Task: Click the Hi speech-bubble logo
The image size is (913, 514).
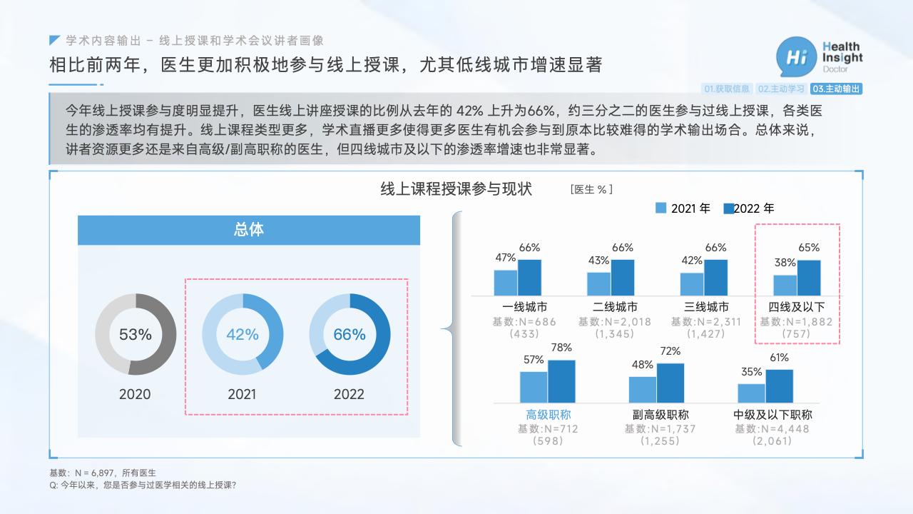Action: pyautogui.click(x=796, y=57)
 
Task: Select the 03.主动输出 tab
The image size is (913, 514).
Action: pyautogui.click(x=836, y=89)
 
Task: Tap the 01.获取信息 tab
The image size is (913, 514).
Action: pyautogui.click(x=727, y=89)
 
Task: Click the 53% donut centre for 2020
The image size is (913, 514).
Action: pyautogui.click(x=136, y=335)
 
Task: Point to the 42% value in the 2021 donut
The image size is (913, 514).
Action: pyautogui.click(x=243, y=335)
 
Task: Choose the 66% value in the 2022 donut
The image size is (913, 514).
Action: pyautogui.click(x=350, y=335)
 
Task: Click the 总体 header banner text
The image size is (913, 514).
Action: pyautogui.click(x=249, y=230)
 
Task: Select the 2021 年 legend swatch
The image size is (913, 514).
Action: pyautogui.click(x=660, y=208)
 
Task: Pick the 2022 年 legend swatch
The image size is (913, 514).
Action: pyautogui.click(x=729, y=208)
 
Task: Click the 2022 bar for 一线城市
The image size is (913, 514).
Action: pyautogui.click(x=529, y=278)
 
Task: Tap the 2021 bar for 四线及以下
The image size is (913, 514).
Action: pyautogui.click(x=785, y=285)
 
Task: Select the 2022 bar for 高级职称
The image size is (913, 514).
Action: pyautogui.click(x=561, y=381)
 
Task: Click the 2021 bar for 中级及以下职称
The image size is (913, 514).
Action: pyautogui.click(x=751, y=393)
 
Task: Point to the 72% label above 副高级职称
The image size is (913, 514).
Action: pyautogui.click(x=670, y=351)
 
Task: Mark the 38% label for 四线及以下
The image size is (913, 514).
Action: pyautogui.click(x=785, y=263)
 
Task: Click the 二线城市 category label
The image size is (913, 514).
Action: pyautogui.click(x=615, y=307)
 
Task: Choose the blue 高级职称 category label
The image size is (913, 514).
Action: pyautogui.click(x=549, y=415)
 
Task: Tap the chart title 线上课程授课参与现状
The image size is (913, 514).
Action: pyautogui.click(x=456, y=189)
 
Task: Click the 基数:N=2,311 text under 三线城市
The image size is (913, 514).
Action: pyautogui.click(x=706, y=322)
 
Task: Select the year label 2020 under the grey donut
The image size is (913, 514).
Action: pyautogui.click(x=135, y=395)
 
